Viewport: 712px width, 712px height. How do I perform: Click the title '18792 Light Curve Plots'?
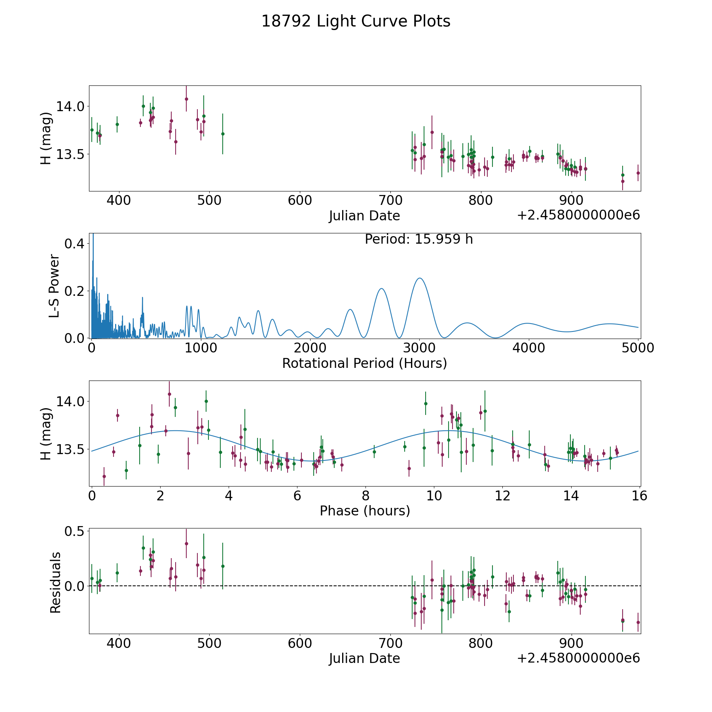(356, 21)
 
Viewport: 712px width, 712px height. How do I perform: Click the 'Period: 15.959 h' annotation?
(419, 239)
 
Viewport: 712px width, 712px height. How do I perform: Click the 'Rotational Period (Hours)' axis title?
(365, 363)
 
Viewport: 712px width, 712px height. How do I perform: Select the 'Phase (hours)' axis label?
(365, 511)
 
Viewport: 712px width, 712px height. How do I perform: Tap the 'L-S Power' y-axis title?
(54, 286)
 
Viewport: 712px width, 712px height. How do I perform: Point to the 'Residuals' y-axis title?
(55, 583)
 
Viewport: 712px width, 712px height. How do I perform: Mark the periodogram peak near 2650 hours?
(381, 288)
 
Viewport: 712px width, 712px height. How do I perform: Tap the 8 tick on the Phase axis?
(365, 496)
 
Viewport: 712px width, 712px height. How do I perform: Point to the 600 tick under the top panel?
(300, 200)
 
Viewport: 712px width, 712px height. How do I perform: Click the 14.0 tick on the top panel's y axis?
(70, 106)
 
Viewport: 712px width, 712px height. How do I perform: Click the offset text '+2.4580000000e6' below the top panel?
(578, 215)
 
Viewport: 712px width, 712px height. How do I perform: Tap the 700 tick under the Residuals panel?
(390, 643)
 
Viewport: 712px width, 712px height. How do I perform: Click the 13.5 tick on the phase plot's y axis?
(70, 450)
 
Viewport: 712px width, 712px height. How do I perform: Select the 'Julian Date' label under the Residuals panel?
(364, 659)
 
